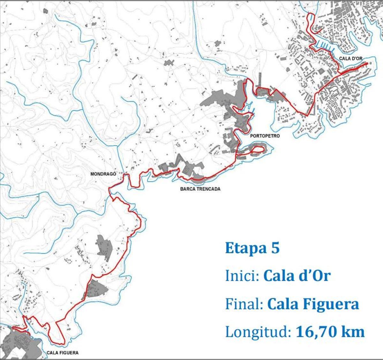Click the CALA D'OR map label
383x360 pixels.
pos(350,58)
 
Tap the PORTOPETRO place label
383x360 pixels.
pos(265,136)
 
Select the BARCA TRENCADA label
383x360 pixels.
pos(200,189)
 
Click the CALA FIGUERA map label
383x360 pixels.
pos(63,353)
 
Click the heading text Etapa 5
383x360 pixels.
pos(252,248)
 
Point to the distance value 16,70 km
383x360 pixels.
pos(330,332)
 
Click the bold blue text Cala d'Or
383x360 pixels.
pos(297,276)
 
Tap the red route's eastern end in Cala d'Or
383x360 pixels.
pos(367,63)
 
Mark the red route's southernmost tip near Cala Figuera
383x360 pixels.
pos(61,343)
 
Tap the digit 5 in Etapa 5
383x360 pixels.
pos(275,248)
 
